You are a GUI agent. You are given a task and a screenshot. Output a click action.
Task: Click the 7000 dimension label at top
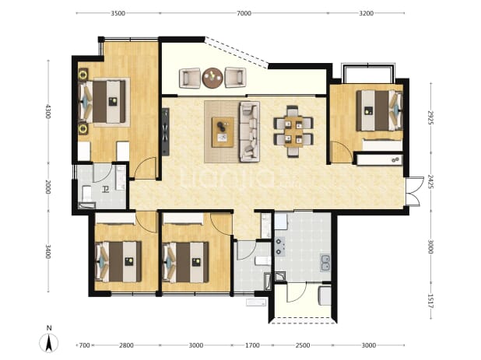pos(244,13)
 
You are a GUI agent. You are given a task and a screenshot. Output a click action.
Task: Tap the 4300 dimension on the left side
pos(48,111)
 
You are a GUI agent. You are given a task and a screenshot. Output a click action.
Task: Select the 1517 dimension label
pos(430,301)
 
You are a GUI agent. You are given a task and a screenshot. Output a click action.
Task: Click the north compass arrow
pos(49,343)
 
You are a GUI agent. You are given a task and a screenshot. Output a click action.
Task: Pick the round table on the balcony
pos(212,78)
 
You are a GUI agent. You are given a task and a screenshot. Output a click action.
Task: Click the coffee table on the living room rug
pos(223,132)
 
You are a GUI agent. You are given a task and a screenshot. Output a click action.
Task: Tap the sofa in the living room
pos(249,131)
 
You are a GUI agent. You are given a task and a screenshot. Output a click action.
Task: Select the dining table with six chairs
pos(293,131)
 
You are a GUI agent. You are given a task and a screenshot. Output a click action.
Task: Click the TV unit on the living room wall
pos(166,131)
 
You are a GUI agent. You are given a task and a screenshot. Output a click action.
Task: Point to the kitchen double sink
pos(325,263)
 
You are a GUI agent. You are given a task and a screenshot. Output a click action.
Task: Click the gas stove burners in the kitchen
pos(279,246)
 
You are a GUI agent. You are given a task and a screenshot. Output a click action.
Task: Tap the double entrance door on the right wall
pos(413,191)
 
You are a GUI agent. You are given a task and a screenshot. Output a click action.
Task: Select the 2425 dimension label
pos(430,182)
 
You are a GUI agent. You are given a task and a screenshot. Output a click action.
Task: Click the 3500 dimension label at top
pos(118,13)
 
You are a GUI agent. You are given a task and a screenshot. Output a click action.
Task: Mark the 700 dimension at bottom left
pos(84,345)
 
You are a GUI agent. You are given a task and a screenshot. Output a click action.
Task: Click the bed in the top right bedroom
pos(380,110)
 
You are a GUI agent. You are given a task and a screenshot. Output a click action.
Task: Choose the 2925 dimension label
pos(430,117)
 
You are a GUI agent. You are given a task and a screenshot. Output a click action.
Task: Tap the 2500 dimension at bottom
pos(303,345)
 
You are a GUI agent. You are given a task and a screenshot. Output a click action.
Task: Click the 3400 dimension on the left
pos(48,251)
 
